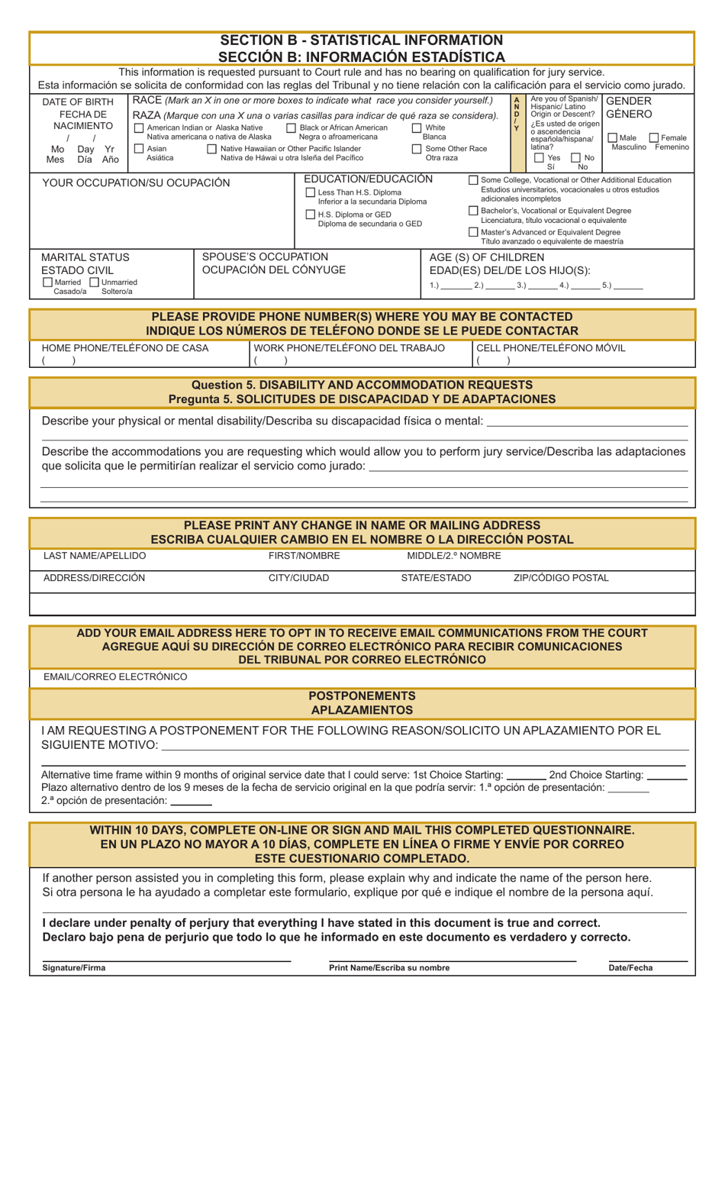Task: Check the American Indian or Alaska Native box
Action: click(139, 128)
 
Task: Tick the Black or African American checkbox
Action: click(291, 128)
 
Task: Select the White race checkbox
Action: click(417, 128)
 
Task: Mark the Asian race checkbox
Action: click(139, 149)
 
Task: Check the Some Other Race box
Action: click(417, 149)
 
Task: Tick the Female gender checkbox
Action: click(654, 138)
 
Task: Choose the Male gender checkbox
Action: click(613, 138)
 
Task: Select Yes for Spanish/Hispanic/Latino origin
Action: click(540, 158)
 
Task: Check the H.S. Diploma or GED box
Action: click(311, 215)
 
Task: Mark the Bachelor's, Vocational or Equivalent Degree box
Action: click(473, 211)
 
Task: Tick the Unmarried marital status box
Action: click(95, 282)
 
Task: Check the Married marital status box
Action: click(48, 282)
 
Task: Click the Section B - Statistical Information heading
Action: click(362, 40)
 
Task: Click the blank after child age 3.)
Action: click(542, 286)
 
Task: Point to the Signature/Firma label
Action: click(74, 968)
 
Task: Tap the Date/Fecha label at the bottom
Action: click(630, 968)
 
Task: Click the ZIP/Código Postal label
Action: click(561, 578)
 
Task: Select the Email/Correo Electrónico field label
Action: click(115, 677)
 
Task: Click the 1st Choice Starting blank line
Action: click(526, 776)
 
